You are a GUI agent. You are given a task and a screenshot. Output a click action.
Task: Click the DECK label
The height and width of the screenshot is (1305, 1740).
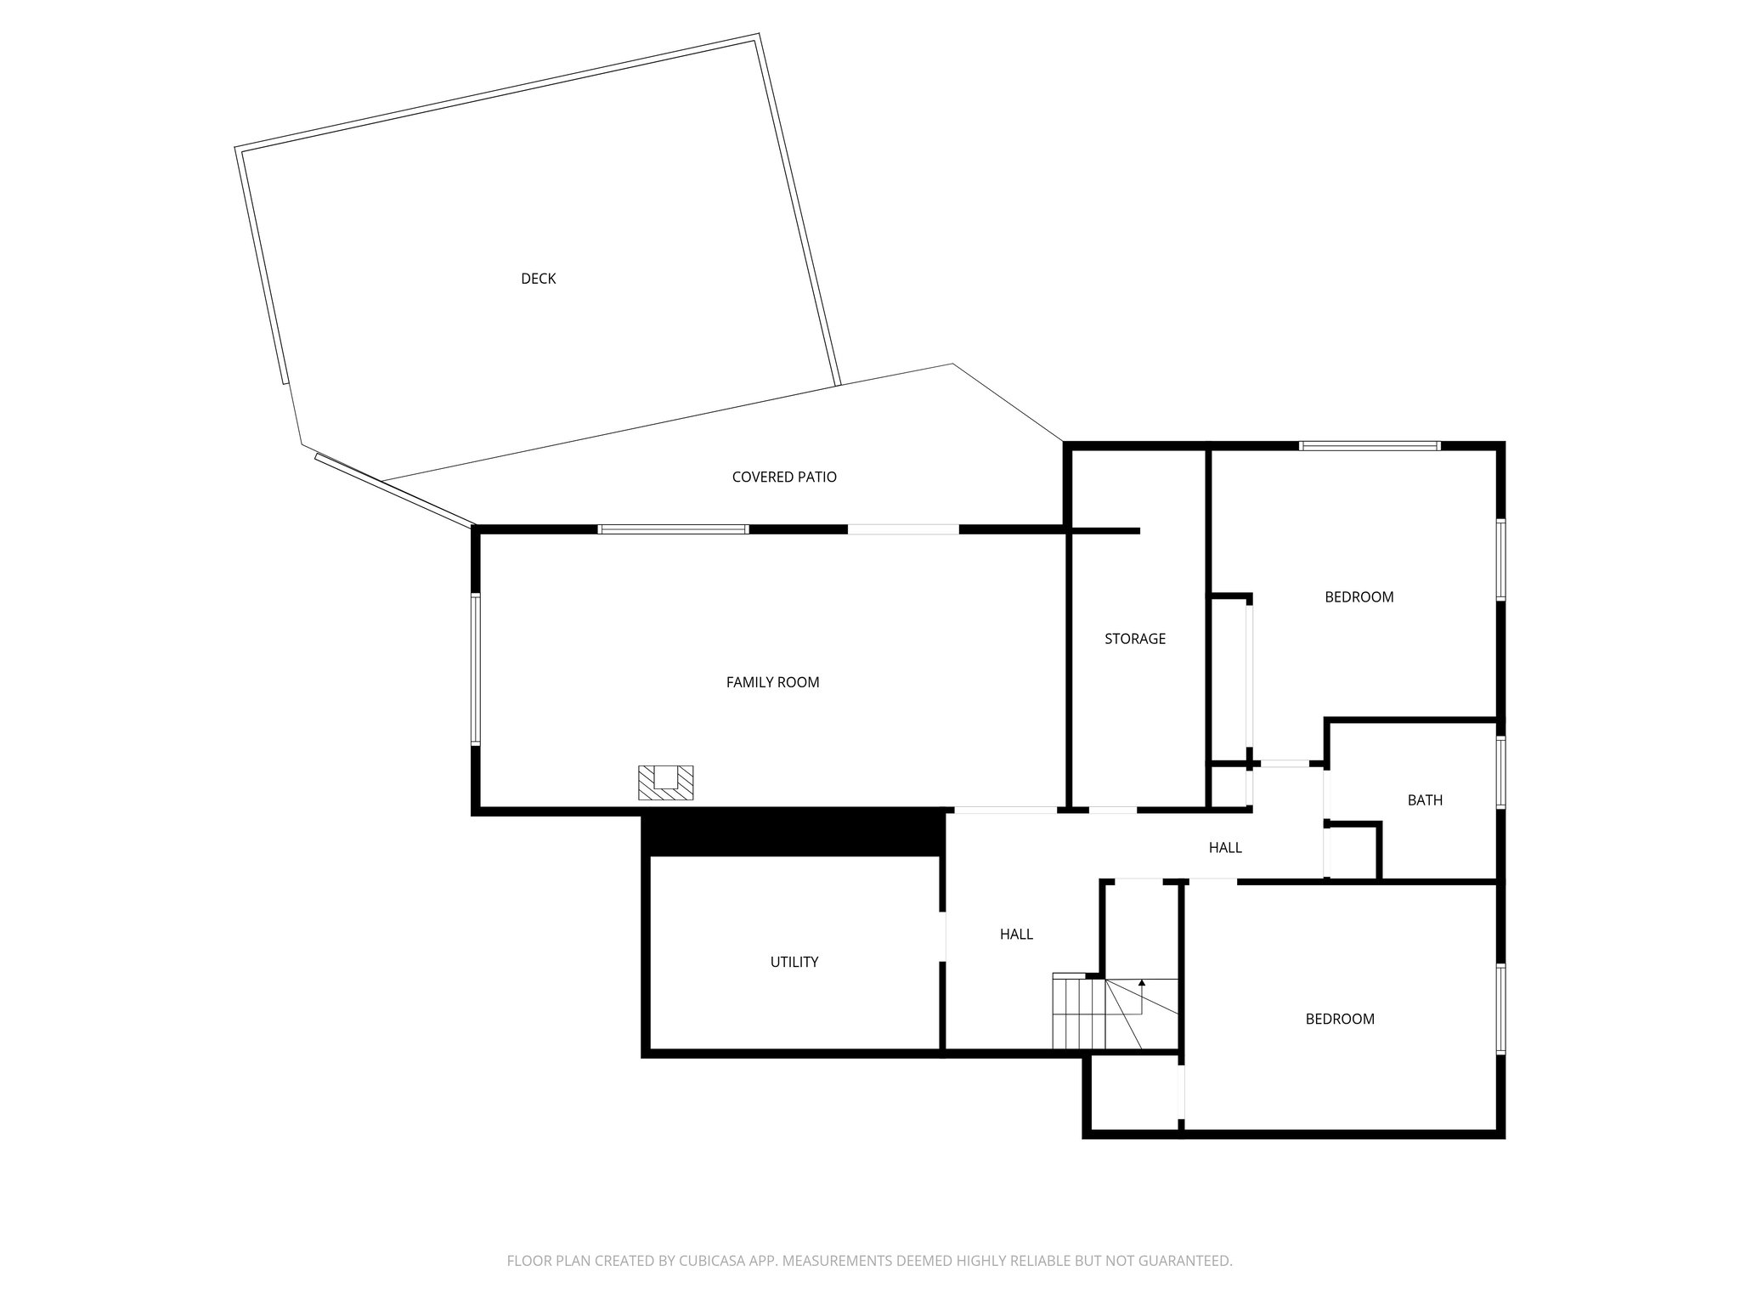point(538,279)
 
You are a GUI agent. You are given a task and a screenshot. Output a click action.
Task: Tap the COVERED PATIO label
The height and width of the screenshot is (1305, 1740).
point(784,477)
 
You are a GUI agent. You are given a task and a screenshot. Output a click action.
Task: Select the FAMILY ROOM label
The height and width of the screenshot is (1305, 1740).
point(772,682)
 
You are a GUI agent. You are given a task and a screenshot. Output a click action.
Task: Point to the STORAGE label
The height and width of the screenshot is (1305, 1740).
point(1135,639)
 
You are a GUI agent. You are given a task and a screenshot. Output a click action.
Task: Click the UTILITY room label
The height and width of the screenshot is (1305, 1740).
point(794,962)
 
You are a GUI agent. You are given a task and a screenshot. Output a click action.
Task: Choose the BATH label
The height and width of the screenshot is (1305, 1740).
point(1425,800)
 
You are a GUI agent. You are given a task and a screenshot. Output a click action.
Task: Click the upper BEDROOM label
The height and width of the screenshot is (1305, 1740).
point(1359,597)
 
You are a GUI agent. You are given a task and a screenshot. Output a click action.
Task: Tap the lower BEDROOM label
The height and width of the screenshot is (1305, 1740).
point(1340,1019)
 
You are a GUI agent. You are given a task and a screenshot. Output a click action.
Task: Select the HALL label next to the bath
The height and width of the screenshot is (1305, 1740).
point(1225,848)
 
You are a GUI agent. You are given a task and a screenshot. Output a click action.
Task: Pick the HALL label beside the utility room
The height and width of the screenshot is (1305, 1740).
point(1016,935)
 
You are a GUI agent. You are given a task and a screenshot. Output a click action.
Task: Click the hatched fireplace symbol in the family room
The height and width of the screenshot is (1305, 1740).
point(666,782)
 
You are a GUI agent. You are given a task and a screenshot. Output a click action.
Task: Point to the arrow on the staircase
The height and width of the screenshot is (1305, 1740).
point(1142,983)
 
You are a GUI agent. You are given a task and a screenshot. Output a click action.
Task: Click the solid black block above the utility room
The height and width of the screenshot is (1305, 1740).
point(793,833)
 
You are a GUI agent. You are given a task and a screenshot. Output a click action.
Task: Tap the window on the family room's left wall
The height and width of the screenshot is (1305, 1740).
point(476,669)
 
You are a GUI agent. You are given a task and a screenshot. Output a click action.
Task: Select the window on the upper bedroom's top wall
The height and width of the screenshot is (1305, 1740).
point(1370,445)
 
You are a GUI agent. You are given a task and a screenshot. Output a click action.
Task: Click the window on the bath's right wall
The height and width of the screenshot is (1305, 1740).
point(1501,772)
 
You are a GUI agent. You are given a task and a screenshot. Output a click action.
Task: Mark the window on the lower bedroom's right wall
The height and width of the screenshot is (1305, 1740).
point(1501,1009)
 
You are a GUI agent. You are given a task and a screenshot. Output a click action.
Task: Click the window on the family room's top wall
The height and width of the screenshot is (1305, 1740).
point(673,529)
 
